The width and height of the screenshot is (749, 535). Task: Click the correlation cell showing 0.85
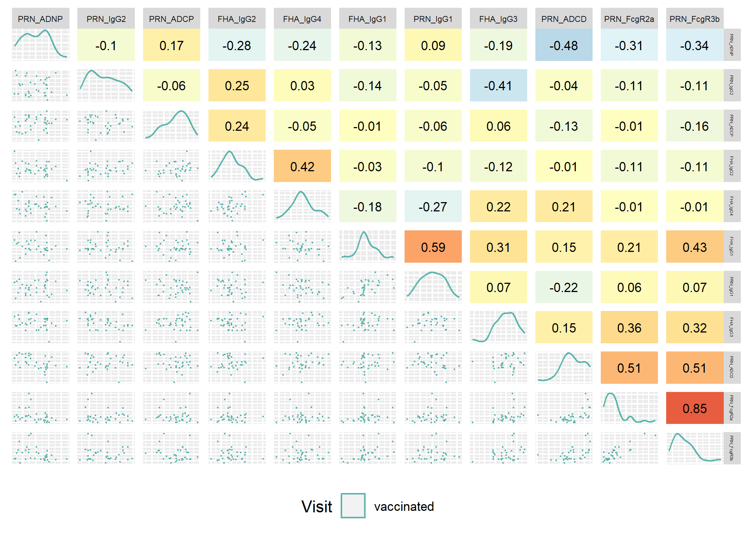694,408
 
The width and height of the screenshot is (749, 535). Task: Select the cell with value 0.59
433,247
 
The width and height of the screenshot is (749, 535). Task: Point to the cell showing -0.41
498,85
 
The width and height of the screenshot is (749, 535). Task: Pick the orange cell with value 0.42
302,166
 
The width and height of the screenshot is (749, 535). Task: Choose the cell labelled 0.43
694,247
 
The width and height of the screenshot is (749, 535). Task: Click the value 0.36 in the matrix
629,327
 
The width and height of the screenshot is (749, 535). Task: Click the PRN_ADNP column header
40,19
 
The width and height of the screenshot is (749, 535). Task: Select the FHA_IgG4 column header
302,19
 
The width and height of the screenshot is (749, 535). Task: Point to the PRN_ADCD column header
564,19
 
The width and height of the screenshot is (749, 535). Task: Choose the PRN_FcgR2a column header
629,19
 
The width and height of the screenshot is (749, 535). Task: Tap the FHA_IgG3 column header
498,19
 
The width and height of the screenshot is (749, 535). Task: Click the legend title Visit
317,506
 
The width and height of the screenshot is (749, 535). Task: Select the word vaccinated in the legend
404,506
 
